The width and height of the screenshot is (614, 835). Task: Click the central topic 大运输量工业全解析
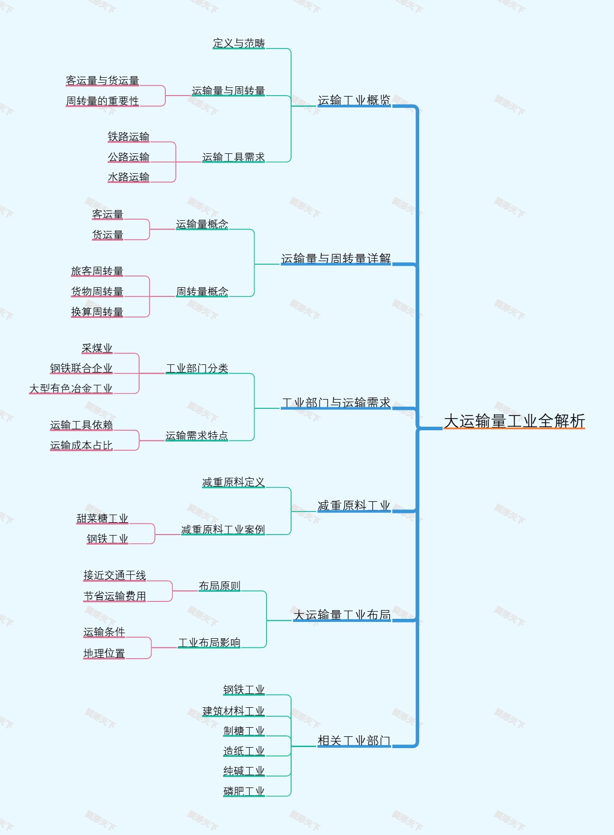514,421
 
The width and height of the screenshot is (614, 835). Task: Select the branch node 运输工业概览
354,100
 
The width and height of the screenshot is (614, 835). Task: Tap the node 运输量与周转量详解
336,259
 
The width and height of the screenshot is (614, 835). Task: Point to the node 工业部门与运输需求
336,403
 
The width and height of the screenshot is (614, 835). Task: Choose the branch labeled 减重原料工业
354,506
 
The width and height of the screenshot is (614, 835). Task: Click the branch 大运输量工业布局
342,615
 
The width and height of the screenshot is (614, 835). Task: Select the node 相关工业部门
354,740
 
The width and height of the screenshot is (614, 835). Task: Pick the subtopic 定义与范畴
239,43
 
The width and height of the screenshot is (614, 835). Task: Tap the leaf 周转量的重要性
102,101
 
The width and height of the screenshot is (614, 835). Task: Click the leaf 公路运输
128,157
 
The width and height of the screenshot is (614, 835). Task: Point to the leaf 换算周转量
97,312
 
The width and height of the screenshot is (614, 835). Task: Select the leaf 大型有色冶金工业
71,388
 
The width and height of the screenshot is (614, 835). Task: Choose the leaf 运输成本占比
81,445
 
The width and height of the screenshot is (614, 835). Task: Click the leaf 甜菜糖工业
102,518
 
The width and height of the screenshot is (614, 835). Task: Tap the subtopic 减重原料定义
233,482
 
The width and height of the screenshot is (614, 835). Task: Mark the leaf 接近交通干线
115,575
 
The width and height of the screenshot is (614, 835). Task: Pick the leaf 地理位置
104,653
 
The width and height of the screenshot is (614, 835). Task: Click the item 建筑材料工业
233,711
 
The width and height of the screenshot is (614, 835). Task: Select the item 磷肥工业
244,791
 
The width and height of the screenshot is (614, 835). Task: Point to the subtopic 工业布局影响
209,642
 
